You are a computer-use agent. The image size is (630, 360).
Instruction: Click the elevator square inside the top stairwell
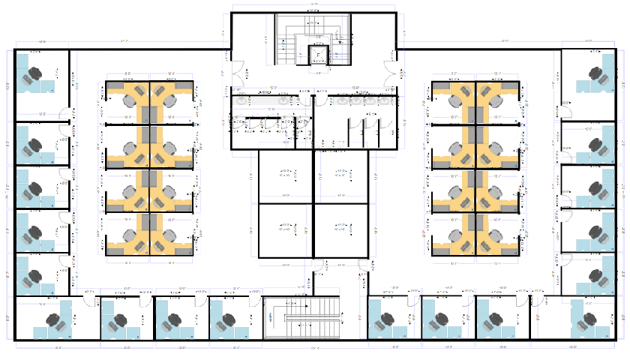319,55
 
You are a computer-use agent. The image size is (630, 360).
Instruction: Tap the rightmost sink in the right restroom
385,99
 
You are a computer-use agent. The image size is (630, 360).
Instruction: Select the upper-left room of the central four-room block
285,177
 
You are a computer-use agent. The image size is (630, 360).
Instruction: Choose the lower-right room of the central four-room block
341,231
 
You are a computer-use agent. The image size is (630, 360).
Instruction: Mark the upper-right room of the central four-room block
341,177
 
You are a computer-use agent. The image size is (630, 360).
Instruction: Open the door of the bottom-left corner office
89,299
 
